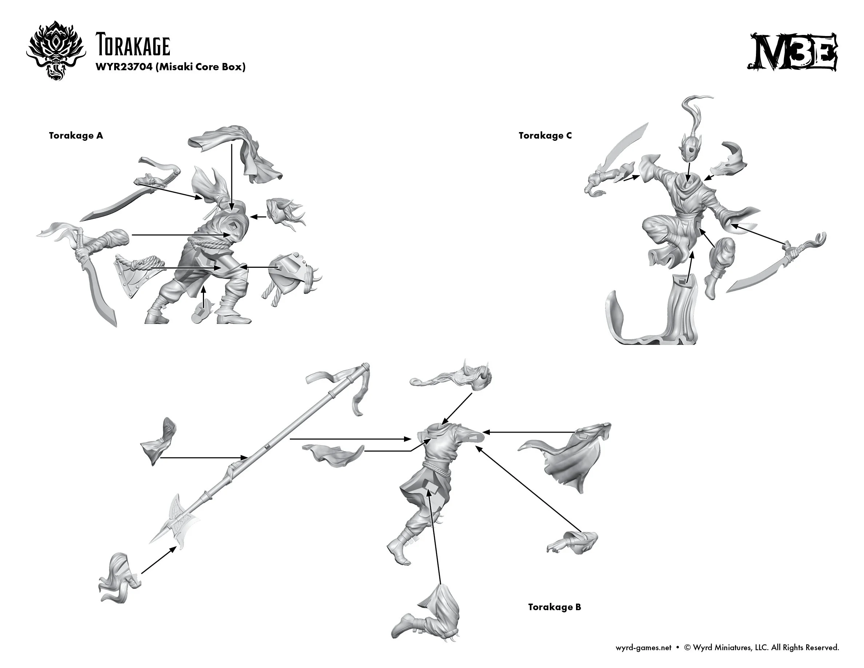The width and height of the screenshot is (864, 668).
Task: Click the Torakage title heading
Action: [x=132, y=46]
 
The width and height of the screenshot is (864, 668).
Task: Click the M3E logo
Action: [x=792, y=52]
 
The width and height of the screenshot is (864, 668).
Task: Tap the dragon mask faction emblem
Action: [x=56, y=50]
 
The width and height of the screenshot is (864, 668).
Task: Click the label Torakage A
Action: [x=76, y=136]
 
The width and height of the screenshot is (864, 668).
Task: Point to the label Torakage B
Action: [x=554, y=607]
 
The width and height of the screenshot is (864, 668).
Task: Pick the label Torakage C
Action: [x=545, y=136]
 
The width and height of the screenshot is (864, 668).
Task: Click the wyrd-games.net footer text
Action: [x=643, y=647]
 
